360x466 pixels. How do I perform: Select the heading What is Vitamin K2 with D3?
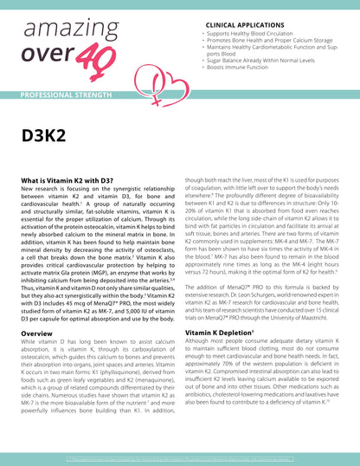pyautogui.click(x=70, y=180)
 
